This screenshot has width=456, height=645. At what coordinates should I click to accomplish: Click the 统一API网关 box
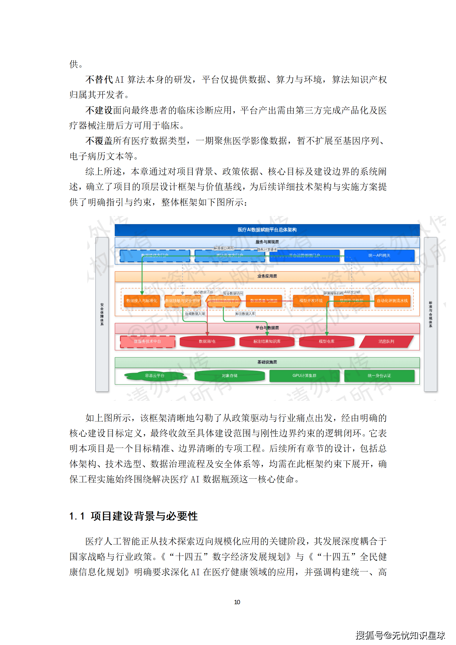379,255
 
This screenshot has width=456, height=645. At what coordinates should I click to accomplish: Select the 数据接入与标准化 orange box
142,301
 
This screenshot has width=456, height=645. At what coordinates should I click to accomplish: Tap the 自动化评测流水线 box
392,301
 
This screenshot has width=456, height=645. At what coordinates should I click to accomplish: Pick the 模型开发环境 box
311,301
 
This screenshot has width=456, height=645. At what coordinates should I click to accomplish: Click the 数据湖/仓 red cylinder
207,341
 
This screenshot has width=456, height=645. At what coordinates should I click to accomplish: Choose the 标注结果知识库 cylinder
267,341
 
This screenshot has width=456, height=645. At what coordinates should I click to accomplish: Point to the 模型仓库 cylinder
326,341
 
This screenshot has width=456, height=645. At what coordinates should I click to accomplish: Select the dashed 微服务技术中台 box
147,341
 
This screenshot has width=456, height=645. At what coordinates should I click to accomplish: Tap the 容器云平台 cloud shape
155,376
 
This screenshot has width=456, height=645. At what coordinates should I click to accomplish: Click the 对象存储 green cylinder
229,376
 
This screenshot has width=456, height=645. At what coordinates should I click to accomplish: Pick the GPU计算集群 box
304,376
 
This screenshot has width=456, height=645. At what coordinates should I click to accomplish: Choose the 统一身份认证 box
379,376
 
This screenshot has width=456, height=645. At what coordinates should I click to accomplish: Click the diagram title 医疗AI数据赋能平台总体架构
267,230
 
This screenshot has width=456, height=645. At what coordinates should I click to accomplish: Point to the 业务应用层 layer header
267,276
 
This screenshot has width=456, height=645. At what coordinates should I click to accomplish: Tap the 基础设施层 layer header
267,362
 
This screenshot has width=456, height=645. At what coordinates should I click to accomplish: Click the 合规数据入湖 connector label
195,314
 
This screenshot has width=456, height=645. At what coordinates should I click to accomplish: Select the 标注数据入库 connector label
245,314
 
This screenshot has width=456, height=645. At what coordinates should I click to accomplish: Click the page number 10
237,602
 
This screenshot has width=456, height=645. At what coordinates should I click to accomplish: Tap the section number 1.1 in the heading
77,516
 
